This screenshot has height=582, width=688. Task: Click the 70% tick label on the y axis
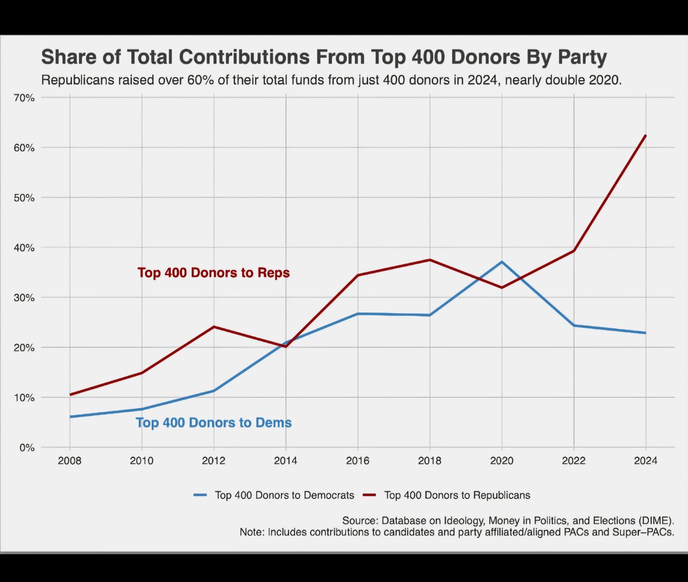pos(24,98)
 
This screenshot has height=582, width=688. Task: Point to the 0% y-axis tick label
pos(26,447)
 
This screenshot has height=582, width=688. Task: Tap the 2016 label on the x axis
pos(358,461)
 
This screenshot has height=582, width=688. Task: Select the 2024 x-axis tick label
pos(646,461)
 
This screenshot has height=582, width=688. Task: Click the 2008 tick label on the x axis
pos(69,461)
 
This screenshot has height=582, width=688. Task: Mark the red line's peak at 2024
pos(646,135)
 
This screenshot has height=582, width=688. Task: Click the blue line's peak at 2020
pos(502,262)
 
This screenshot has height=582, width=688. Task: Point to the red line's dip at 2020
pos(502,288)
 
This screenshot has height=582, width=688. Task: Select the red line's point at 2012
pos(214,327)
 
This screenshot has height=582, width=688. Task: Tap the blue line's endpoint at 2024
pos(646,333)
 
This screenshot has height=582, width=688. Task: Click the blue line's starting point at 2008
pos(70,416)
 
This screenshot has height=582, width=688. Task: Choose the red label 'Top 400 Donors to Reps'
pos(213,273)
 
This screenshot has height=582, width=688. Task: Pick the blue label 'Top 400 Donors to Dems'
pos(213,423)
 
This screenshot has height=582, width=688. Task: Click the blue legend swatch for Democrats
pos(200,495)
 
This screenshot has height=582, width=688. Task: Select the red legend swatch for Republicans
pos(369,495)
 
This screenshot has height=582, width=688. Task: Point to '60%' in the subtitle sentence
pos(201,80)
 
